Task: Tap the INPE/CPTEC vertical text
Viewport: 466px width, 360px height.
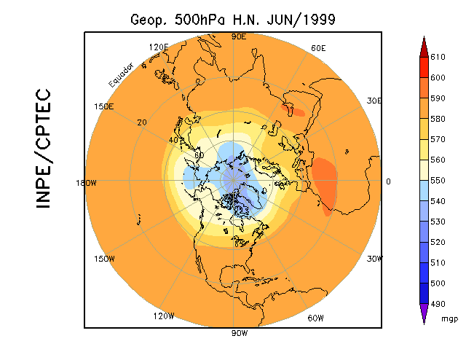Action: (43, 149)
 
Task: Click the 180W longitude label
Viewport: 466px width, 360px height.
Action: (86, 183)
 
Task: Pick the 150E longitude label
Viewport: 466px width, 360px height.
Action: (104, 106)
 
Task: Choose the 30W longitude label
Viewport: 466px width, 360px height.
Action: (374, 259)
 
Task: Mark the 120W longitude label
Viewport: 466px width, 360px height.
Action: (164, 316)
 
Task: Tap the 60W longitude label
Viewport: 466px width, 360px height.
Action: (315, 318)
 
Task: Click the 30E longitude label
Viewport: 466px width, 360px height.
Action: (374, 101)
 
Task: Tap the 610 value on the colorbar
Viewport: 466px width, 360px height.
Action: (437, 57)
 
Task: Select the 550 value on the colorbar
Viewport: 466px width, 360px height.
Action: (437, 179)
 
